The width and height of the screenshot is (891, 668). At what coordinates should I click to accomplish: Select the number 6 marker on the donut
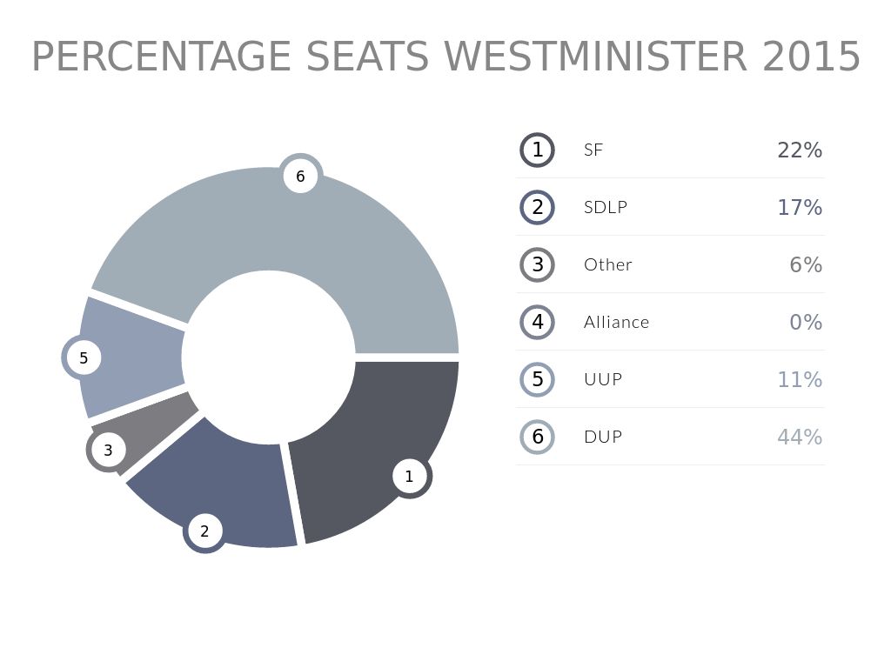coord(300,177)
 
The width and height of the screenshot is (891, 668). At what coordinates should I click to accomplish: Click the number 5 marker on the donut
coord(84,357)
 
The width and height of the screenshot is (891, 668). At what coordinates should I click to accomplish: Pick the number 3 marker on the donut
coord(108,450)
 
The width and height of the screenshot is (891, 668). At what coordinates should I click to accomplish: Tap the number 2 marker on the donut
coord(204,531)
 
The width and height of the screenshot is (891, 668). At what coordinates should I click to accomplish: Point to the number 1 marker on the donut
coord(409,476)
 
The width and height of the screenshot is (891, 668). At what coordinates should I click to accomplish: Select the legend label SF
coord(593,150)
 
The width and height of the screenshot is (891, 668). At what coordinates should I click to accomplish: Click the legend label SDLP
coord(606,207)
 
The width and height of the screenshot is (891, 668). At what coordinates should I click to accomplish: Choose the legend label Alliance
coord(616,322)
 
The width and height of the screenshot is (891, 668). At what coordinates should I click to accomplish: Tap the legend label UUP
coord(603,379)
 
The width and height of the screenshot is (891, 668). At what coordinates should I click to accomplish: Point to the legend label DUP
coord(603,437)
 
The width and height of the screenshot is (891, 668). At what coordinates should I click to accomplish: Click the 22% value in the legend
coord(800,150)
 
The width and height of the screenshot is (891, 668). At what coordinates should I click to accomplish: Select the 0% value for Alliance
coord(806,322)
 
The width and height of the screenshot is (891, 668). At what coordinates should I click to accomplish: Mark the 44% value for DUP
coord(800,437)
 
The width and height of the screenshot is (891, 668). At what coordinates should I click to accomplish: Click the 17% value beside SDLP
coord(800,207)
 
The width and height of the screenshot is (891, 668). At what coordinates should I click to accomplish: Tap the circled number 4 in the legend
coord(538,322)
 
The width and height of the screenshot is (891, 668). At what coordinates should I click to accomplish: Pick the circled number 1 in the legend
coord(538,150)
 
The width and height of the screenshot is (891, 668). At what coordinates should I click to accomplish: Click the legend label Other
coord(608,264)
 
